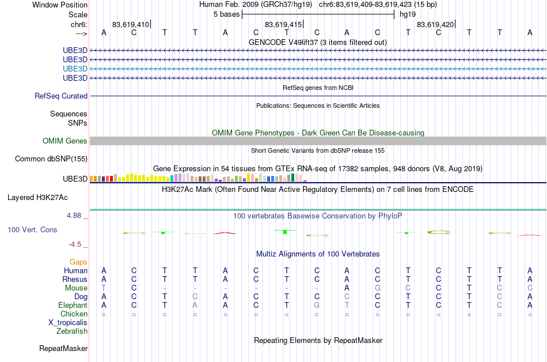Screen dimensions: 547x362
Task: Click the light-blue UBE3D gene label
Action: tap(75, 69)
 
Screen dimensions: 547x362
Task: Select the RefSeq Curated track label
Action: tap(61, 96)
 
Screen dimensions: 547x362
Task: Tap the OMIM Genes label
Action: tap(65, 141)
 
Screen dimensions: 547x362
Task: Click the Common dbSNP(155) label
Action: tap(51, 159)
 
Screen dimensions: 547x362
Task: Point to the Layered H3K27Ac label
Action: tap(37, 198)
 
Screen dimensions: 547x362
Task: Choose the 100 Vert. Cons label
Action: tap(32, 229)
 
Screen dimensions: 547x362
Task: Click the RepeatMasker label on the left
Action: tap(63, 348)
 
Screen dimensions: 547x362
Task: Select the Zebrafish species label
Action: tap(72, 331)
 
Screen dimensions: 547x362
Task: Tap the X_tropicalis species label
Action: tap(68, 323)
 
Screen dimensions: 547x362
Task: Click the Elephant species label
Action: tap(73, 305)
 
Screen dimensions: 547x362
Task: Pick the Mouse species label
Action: tap(76, 288)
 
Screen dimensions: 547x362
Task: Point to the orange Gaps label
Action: tap(78, 262)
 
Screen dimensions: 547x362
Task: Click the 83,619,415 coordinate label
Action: tap(283, 24)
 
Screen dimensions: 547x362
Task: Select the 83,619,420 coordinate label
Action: tap(435, 24)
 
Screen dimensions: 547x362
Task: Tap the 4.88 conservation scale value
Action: tap(74, 216)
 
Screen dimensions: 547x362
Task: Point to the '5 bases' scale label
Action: tap(227, 14)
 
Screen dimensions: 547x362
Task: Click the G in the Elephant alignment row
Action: tap(317, 305)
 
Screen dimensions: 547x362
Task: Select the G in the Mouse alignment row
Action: tap(378, 288)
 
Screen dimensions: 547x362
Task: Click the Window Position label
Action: tap(60, 5)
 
